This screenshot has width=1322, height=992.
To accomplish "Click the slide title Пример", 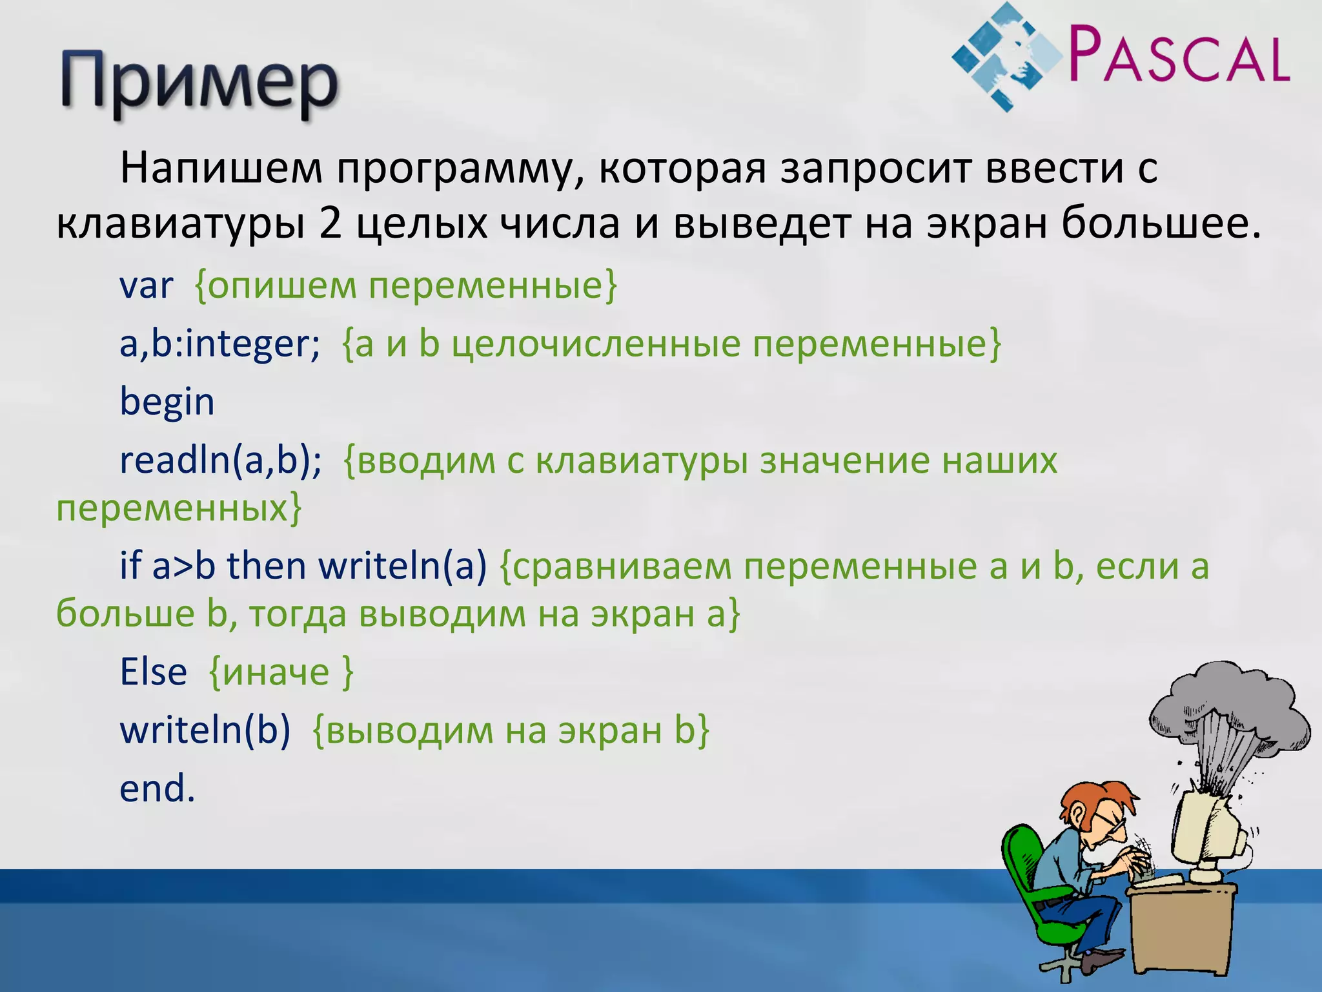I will pos(199,84).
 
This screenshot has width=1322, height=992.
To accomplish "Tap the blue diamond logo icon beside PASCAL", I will pos(1007,57).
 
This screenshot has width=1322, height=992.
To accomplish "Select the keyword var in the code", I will pos(147,285).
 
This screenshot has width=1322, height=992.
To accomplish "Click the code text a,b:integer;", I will pos(219,344).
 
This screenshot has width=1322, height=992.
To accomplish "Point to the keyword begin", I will pos(167,402).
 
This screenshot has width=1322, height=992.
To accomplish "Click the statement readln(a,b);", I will pos(220,460).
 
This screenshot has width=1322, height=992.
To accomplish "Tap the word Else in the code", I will pos(153,672).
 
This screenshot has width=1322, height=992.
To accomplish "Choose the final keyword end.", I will pos(157,789).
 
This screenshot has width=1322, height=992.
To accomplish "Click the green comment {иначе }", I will pos(281,672).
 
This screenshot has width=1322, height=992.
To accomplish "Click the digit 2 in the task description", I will pos(330,224).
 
